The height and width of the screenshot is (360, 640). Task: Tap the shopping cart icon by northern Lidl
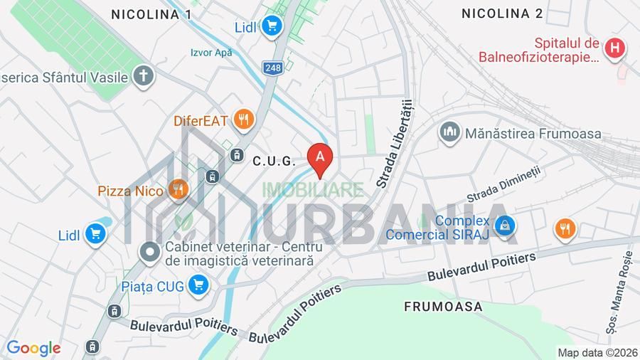tap(271, 27)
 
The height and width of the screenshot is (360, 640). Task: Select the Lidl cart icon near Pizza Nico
tap(95, 234)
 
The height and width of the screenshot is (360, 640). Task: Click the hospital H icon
tap(614, 48)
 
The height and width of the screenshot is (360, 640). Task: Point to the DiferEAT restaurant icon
tap(243, 120)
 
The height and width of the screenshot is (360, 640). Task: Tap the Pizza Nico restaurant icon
tap(177, 189)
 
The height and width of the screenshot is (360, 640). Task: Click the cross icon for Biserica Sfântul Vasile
tap(144, 76)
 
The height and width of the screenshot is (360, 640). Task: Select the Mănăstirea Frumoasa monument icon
tap(449, 132)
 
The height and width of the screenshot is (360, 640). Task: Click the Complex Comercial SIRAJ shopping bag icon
tap(504, 226)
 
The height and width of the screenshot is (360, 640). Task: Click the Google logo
tap(33, 348)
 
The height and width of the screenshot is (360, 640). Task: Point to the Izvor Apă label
tap(211, 53)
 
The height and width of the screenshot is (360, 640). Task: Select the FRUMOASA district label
tap(443, 307)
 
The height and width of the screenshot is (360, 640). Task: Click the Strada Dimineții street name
tap(503, 185)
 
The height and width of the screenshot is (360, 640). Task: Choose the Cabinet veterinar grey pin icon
tap(150, 251)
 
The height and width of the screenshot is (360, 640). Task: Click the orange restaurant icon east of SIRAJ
tap(565, 229)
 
